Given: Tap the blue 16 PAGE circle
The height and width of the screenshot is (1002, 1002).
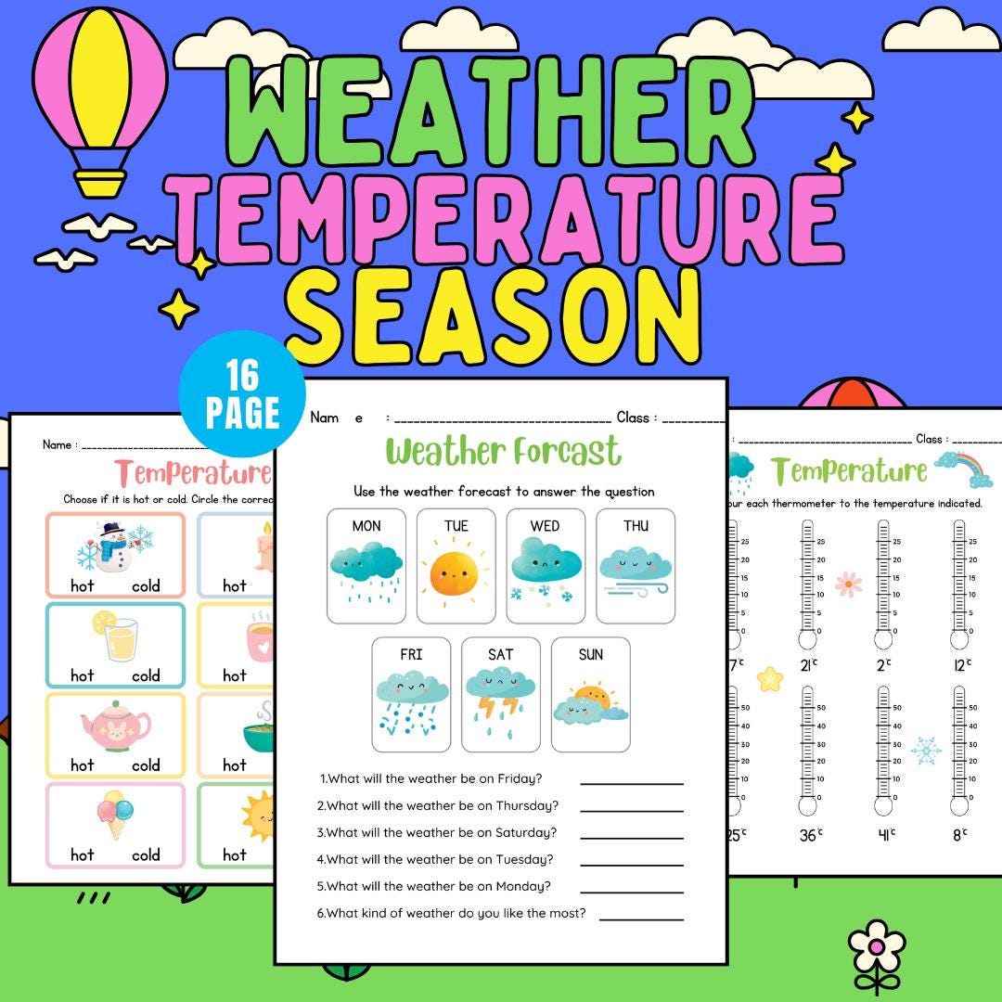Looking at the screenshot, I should [242, 394].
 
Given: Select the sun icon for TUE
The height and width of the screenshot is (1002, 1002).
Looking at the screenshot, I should [455, 573].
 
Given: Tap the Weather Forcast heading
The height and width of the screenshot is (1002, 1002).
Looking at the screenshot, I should [503, 452].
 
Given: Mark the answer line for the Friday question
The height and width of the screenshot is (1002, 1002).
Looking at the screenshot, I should [631, 783].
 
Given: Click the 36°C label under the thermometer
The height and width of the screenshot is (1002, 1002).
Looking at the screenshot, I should [810, 835].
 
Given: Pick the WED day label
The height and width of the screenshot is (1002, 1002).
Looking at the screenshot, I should [545, 526].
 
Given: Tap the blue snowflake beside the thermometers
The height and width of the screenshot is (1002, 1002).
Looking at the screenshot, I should [925, 750].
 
